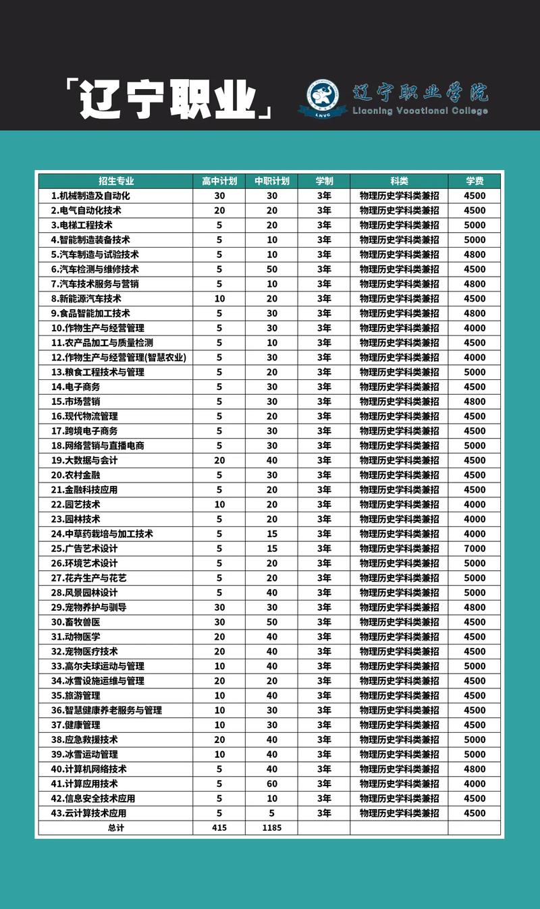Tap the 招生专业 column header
click(x=116, y=181)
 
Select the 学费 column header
click(x=475, y=181)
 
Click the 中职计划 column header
click(x=271, y=181)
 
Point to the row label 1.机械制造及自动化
click(x=90, y=196)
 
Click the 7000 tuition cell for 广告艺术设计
click(x=475, y=549)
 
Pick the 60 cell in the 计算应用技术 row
click(x=271, y=784)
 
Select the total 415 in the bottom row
click(x=219, y=828)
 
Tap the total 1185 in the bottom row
click(x=271, y=828)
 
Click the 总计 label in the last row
click(x=116, y=828)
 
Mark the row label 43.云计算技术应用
click(x=88, y=814)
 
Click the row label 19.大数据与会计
click(x=84, y=460)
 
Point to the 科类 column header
click(x=399, y=181)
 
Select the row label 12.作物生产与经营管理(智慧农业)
click(x=119, y=358)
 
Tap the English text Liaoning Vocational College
click(x=420, y=111)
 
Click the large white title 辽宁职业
click(x=169, y=101)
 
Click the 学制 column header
click(x=324, y=181)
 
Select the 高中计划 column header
click(x=219, y=181)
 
